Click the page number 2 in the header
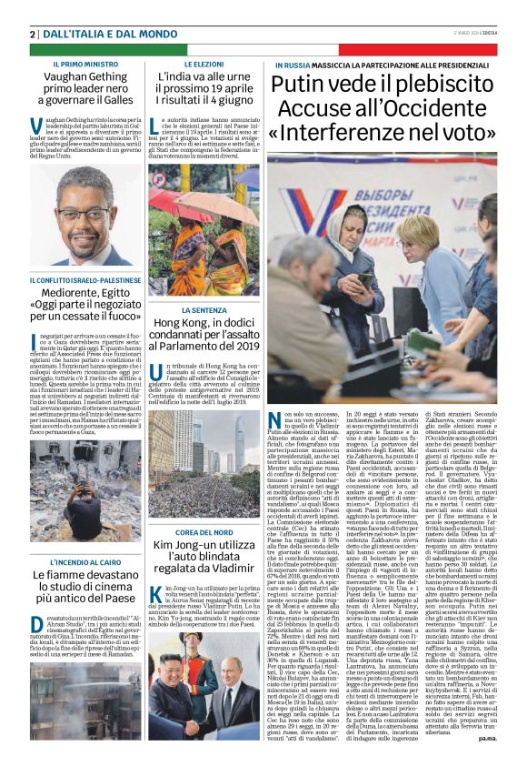32,34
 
